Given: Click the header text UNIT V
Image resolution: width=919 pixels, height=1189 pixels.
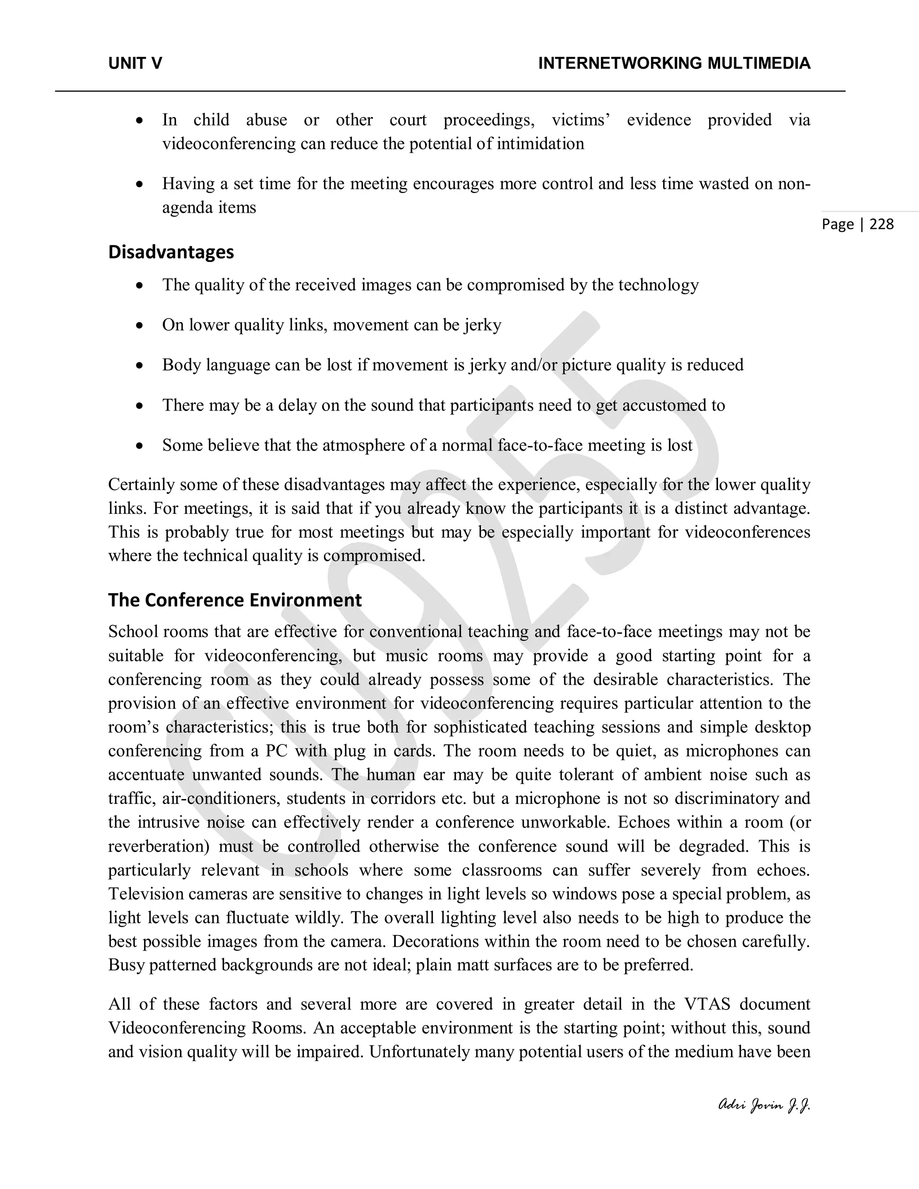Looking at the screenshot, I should point(135,64).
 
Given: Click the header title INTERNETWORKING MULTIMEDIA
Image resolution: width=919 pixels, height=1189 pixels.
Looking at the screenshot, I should point(674,64).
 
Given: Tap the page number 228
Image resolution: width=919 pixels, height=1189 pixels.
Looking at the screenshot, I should point(881,224).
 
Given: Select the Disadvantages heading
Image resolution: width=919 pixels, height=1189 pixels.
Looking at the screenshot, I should point(171,252).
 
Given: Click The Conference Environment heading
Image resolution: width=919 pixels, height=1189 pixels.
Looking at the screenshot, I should point(235,600).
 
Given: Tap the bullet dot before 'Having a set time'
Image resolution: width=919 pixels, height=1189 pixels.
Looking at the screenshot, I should point(140,184).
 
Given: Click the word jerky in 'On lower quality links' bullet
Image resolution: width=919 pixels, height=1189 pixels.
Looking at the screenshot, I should point(482,325).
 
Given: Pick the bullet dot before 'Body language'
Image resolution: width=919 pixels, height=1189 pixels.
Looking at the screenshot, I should point(140,366).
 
